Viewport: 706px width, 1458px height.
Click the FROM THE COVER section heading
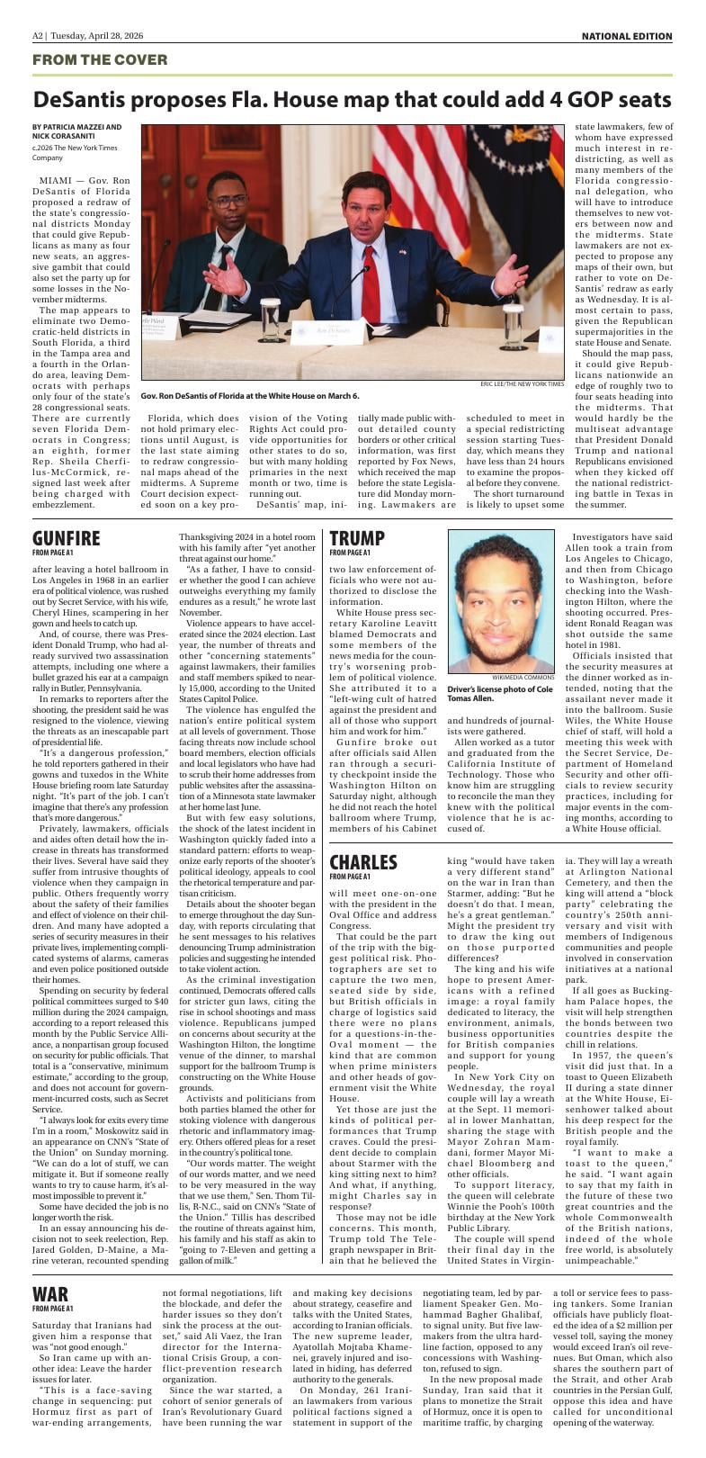pyautogui.click(x=100, y=59)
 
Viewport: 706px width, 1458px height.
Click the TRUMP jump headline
pyautogui.click(x=357, y=538)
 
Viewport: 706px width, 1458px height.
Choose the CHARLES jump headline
pyautogui.click(x=362, y=861)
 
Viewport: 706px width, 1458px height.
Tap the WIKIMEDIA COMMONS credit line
pyautogui.click(x=523, y=677)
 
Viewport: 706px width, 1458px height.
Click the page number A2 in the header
pyautogui.click(x=39, y=36)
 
